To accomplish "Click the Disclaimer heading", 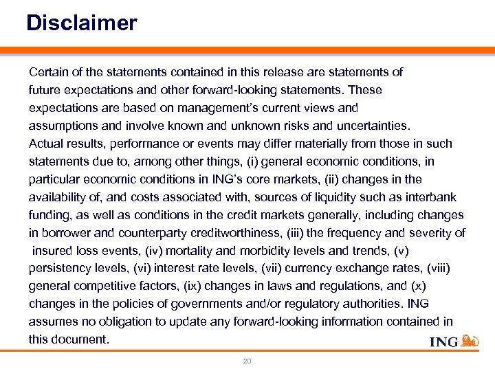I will (82, 23).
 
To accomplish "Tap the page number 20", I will (247, 361).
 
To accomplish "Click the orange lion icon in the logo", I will (470, 341).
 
